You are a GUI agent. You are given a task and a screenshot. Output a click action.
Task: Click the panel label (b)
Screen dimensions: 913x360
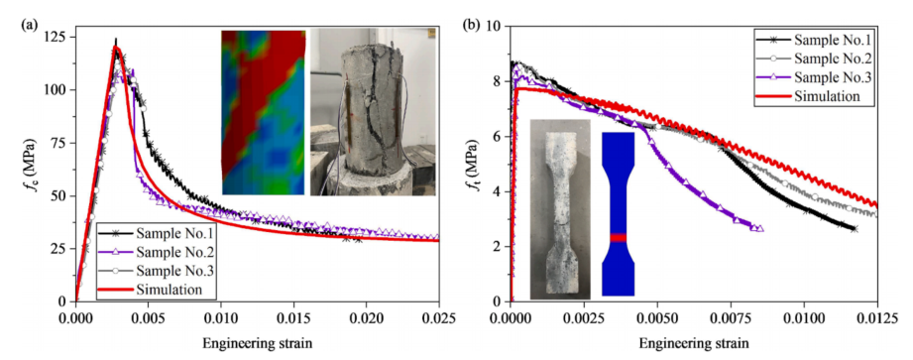[x=471, y=26]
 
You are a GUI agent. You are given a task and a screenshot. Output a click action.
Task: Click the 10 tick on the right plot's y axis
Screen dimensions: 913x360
[x=497, y=26]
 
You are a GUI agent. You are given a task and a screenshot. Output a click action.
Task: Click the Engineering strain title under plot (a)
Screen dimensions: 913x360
[x=257, y=344]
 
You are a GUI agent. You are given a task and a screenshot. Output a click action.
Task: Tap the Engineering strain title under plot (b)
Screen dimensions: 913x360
[x=694, y=344]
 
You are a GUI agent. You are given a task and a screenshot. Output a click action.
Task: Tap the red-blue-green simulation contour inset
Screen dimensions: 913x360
[x=263, y=112]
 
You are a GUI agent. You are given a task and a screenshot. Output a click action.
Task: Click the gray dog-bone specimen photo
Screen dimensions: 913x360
[x=560, y=208]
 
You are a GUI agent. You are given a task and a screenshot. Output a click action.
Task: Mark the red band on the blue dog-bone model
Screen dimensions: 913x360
[x=619, y=237]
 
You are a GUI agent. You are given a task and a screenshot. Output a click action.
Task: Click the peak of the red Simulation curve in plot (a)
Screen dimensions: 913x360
[x=115, y=47]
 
